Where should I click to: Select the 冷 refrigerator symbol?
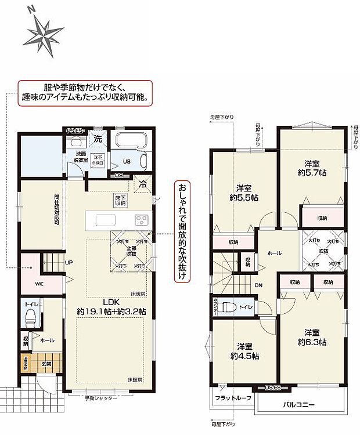tap(142, 184)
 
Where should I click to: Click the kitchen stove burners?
tap(142, 220)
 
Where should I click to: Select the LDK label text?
tap(111, 302)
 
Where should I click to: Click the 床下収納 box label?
tap(120, 201)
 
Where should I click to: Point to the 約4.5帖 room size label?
tap(243, 355)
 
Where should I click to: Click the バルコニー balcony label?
tap(299, 404)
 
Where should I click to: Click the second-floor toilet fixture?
tap(230, 307)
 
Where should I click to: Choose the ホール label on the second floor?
tap(275, 253)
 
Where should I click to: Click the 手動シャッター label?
tap(100, 398)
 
